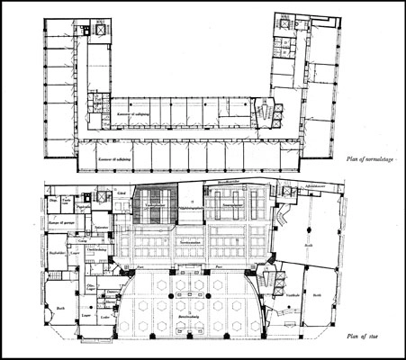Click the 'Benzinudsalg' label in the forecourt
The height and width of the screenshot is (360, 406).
click(197, 331)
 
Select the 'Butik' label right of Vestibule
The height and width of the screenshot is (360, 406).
click(316, 294)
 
